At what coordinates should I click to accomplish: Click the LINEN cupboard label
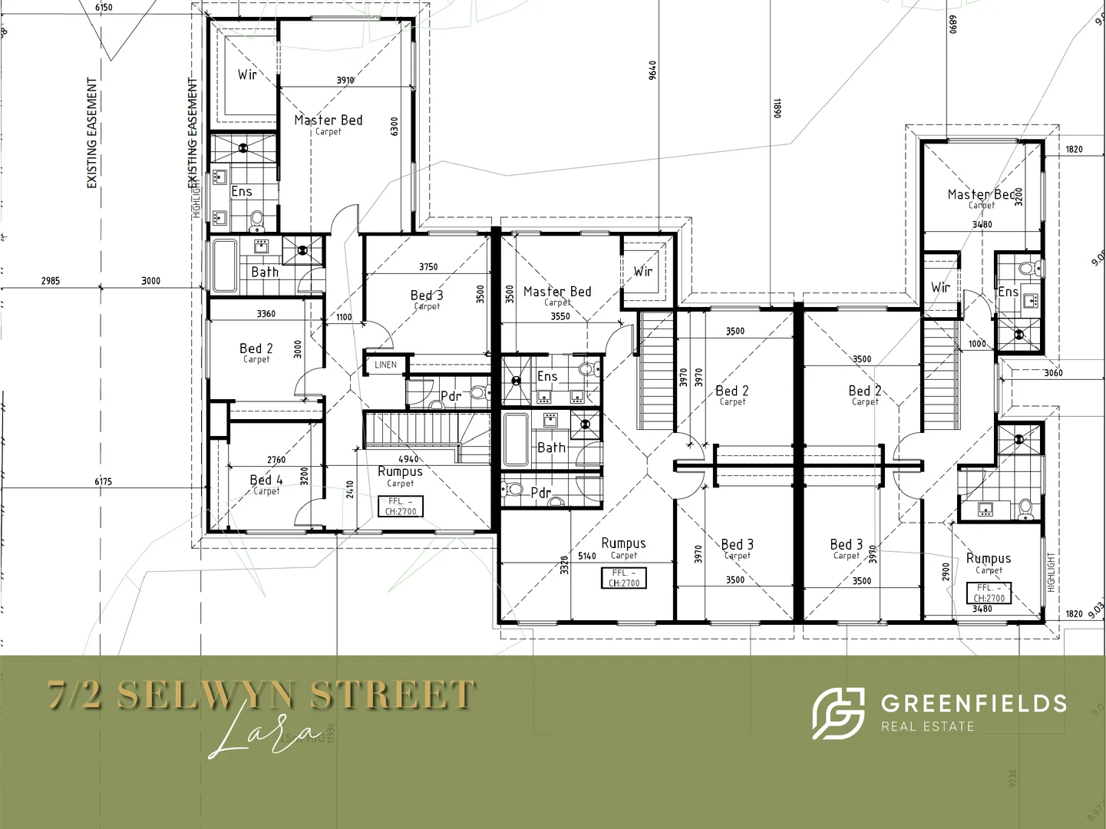(x=385, y=365)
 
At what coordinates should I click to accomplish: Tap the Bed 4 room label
(x=266, y=480)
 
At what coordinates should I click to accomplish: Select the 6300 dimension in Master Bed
(x=395, y=127)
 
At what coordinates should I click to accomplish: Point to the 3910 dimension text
(x=345, y=80)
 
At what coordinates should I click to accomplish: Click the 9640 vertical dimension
(x=652, y=71)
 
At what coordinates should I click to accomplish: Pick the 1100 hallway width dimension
(x=344, y=317)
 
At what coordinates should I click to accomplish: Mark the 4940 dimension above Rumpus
(x=408, y=459)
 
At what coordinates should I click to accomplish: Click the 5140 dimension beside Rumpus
(x=587, y=557)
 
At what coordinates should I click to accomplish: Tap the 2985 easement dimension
(x=51, y=281)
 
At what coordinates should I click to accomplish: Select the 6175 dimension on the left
(x=103, y=481)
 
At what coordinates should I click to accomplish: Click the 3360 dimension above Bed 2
(x=266, y=314)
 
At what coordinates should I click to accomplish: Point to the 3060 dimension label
(x=1053, y=373)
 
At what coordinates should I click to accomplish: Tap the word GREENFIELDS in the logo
(x=973, y=703)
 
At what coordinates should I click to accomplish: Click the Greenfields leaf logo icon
(x=837, y=713)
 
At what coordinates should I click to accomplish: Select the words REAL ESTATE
(x=927, y=727)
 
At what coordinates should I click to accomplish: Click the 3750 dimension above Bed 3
(x=428, y=267)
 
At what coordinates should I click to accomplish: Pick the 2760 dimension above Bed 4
(x=276, y=460)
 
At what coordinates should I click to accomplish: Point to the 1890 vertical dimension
(x=777, y=108)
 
